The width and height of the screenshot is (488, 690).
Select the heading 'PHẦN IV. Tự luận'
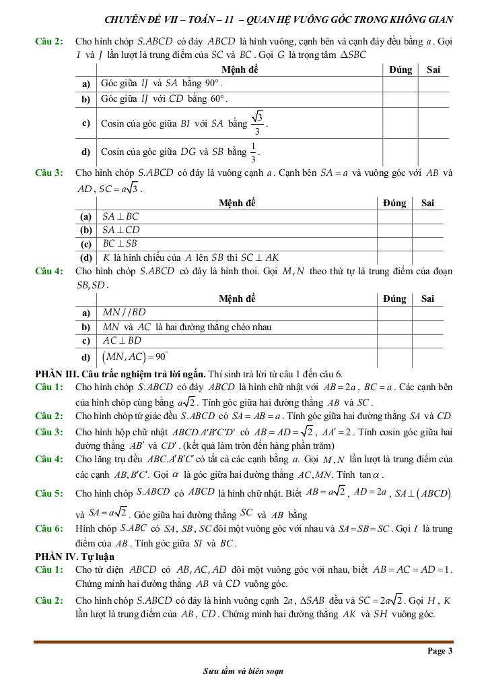pos(75,557)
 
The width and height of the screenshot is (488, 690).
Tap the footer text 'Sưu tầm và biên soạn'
pos(243,671)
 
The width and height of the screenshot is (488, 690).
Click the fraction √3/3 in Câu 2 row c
pos(257,123)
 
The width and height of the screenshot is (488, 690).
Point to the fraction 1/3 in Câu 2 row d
pos(253,152)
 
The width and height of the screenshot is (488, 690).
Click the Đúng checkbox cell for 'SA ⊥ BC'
pos(394,217)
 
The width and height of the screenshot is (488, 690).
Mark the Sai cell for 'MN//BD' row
pos(427,313)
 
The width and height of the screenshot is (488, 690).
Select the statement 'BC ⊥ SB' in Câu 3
pos(120,244)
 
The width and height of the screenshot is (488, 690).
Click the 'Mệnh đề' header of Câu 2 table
pos(240,69)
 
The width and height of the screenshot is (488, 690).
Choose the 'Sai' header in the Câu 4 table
pos(427,299)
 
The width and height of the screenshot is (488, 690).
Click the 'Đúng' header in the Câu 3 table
pos(394,203)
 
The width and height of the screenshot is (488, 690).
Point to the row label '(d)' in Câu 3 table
pos(86,257)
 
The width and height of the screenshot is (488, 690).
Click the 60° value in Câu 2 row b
pos(219,98)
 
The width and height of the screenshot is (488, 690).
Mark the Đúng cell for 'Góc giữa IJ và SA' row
pos(400,84)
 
